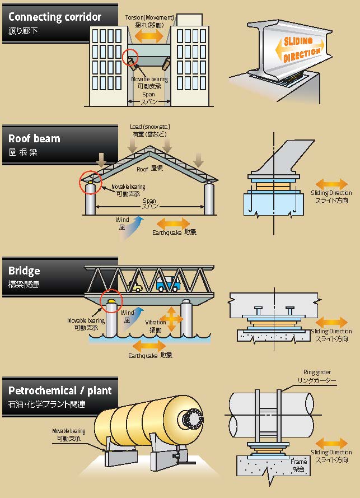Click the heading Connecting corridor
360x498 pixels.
55,17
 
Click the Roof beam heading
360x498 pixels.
34,139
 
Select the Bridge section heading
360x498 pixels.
24,271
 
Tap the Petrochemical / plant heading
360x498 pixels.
60,390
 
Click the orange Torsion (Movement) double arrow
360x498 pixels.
149,36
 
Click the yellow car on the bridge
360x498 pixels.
136,288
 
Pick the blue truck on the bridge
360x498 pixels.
167,284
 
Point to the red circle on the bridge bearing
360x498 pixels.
110,301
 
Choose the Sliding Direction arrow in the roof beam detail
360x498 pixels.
331,184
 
